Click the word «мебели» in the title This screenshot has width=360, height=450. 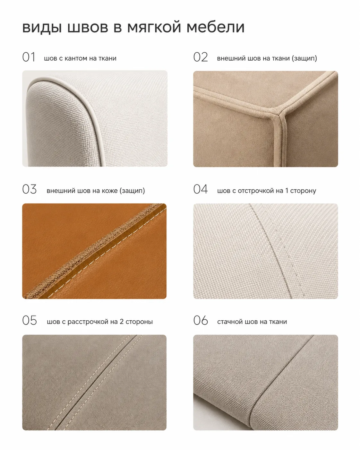[x=215, y=27]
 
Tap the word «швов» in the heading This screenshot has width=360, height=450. [x=88, y=27]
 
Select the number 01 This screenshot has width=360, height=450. [x=29, y=57]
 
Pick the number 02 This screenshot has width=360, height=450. [x=201, y=57]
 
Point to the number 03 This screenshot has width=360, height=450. [x=30, y=189]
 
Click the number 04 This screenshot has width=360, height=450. [x=201, y=189]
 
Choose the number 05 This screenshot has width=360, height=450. [x=30, y=320]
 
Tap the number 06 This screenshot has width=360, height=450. [x=201, y=320]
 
